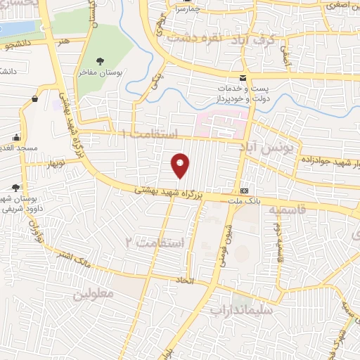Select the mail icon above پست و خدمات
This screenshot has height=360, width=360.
point(243,77)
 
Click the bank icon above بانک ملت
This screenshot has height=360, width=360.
point(244,191)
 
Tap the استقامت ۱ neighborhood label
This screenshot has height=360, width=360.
point(150,133)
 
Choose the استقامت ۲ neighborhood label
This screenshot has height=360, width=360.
point(160,243)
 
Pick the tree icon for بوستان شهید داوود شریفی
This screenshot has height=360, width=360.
point(16,188)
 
